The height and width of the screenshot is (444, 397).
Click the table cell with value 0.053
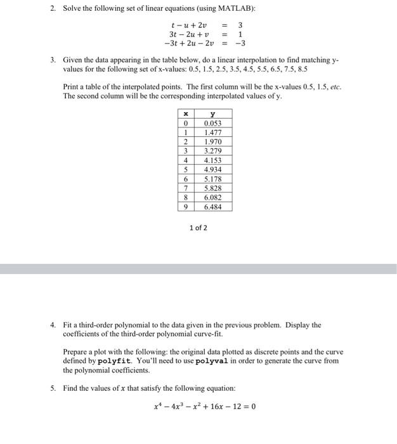212,124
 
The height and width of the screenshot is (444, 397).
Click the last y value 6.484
212,207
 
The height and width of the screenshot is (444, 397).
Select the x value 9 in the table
185,207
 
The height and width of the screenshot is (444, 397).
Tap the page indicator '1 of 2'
198,228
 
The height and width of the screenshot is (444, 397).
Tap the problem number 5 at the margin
53,388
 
